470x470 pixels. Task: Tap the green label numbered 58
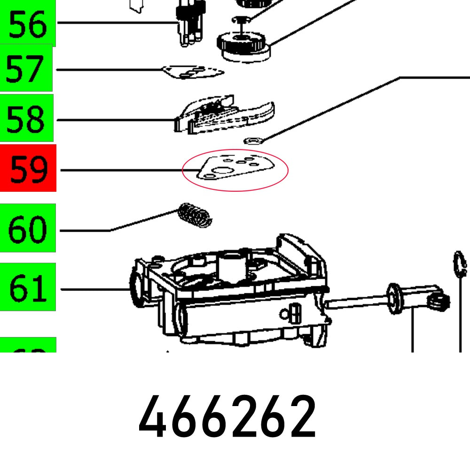[26, 118]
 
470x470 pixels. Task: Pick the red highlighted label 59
[28, 168]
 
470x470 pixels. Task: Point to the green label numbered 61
[28, 287]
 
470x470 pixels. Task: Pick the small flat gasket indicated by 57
[193, 72]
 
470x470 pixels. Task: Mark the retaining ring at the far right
[459, 265]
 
